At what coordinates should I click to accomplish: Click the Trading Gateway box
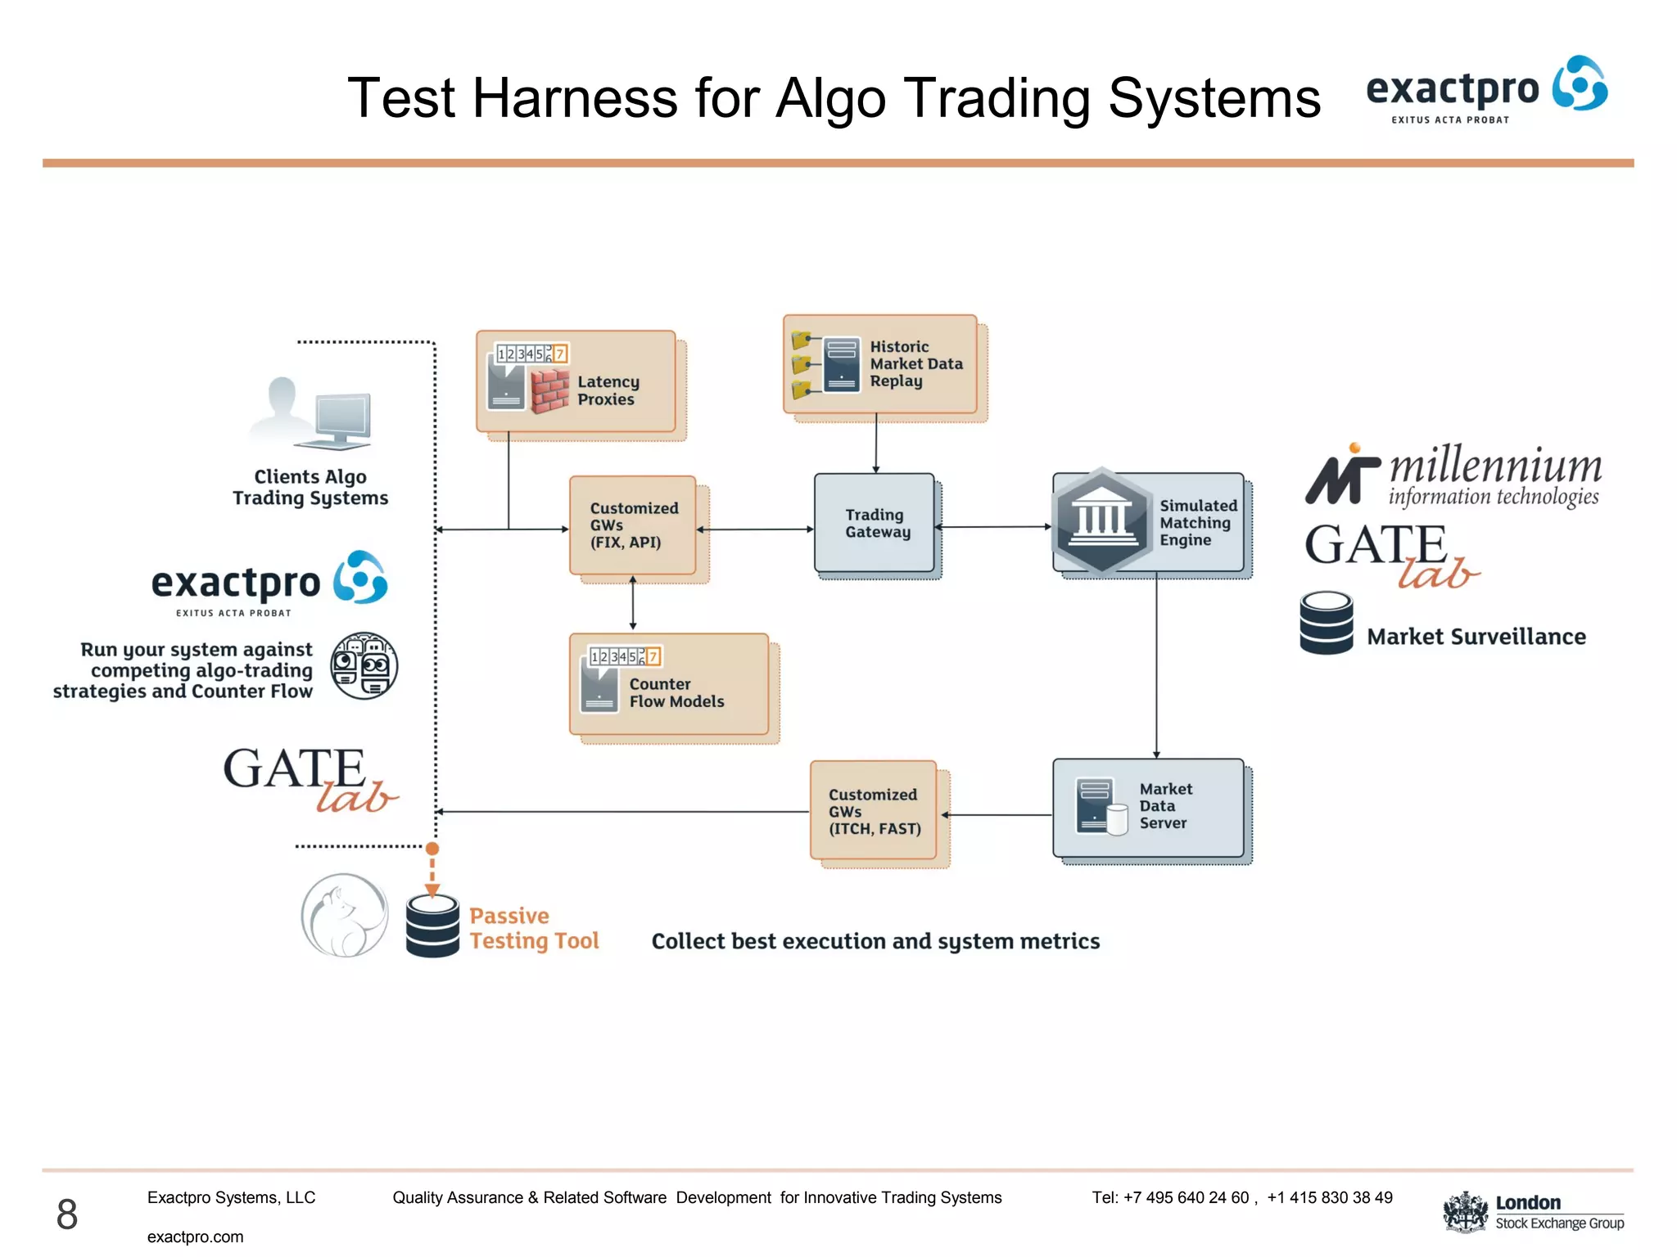point(875,523)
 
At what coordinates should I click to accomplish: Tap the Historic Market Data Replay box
point(880,364)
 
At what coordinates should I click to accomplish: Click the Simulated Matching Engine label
point(1198,523)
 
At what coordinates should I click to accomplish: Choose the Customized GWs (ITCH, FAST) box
point(874,811)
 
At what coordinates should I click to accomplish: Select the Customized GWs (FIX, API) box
point(633,525)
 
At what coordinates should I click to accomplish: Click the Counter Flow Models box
point(669,684)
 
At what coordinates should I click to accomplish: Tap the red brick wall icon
point(549,390)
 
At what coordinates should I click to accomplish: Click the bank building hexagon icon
point(1101,521)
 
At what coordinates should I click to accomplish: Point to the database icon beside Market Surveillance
point(1326,624)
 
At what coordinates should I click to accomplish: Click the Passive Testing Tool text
point(533,928)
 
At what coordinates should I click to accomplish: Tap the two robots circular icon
point(364,665)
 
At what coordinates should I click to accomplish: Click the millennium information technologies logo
point(1453,475)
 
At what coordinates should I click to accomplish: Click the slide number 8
point(67,1214)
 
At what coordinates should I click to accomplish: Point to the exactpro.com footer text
point(195,1237)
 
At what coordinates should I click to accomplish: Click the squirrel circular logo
point(344,915)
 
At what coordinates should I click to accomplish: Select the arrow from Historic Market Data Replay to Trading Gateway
point(875,443)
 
